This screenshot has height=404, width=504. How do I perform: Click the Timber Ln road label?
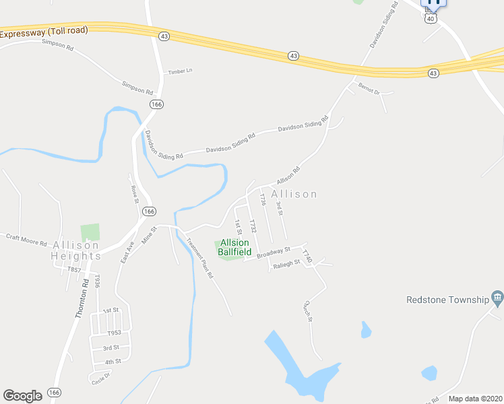(180, 71)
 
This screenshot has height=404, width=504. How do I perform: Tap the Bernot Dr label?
(369, 88)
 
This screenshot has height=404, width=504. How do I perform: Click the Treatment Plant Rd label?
(199, 259)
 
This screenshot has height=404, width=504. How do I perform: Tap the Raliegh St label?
(286, 265)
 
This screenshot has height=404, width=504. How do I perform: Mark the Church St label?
(309, 310)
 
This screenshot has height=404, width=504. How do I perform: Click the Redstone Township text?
(447, 300)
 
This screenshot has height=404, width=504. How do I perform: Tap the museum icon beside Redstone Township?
(497, 297)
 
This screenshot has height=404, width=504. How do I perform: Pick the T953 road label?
(114, 333)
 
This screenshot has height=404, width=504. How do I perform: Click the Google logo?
(22, 396)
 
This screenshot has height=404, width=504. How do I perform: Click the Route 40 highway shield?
(431, 18)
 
